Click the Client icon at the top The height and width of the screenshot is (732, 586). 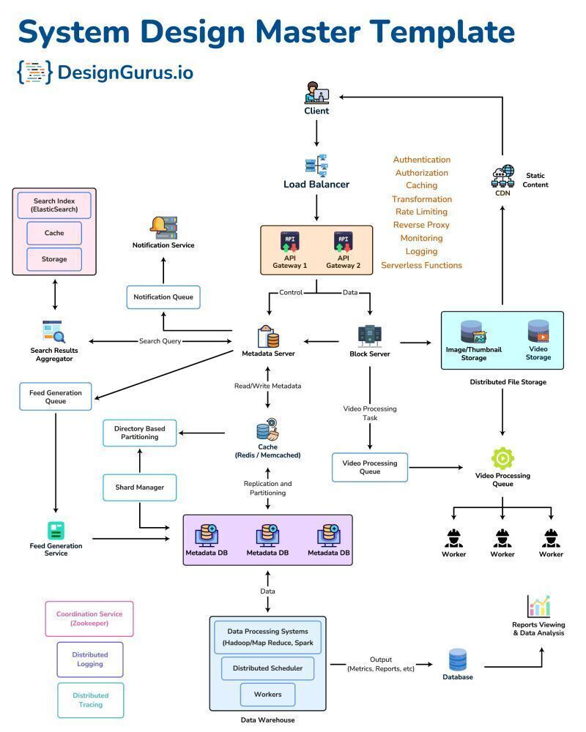pos(316,93)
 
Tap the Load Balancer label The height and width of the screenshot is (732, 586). pos(316,184)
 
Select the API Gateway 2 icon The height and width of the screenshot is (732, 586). pos(341,242)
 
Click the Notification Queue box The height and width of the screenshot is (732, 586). pos(163,297)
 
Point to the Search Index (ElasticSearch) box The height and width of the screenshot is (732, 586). pos(54,205)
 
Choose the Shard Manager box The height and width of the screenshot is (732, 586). pos(139,488)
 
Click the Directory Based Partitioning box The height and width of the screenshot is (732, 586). pos(139,433)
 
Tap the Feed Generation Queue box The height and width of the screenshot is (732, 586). pos(56,397)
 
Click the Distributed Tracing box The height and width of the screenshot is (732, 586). pos(90,700)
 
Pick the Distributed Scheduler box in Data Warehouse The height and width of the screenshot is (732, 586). pos(267,668)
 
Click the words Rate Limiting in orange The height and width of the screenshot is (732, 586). pos(421,212)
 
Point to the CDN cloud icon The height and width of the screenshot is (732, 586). pos(502,176)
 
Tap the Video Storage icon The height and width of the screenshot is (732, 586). pos(538,331)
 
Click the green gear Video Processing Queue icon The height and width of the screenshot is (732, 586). pos(502,458)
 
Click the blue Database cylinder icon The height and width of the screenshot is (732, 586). pos(458,659)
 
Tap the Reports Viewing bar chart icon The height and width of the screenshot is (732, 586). pos(538,606)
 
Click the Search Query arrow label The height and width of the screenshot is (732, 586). pos(160,341)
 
